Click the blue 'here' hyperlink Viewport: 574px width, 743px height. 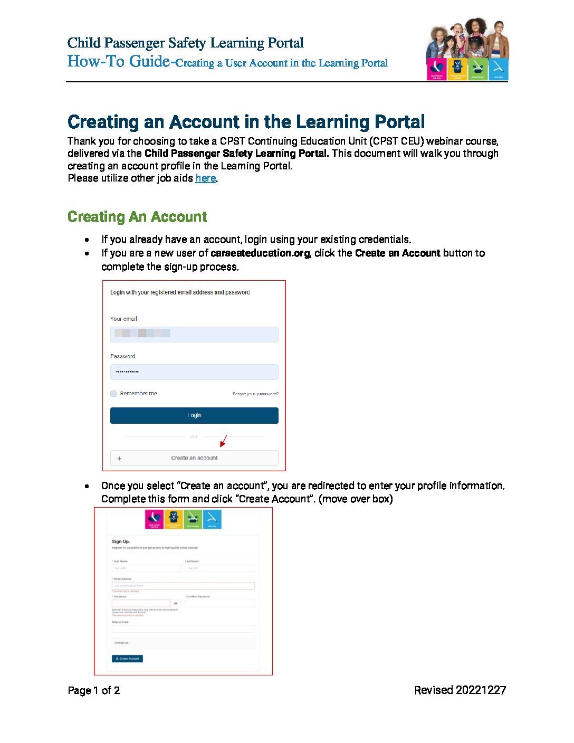[205, 178]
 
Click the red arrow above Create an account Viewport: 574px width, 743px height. [223, 441]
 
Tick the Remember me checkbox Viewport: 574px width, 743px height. [113, 393]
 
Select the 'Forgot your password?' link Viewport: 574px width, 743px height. [255, 394]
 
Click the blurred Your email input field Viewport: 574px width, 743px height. [194, 334]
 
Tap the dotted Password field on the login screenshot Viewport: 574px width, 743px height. [194, 372]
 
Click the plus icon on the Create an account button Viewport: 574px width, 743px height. [119, 458]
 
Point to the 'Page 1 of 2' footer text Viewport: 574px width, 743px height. [94, 690]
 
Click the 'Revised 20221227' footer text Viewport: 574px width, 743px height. [460, 690]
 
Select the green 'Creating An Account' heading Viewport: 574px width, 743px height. [137, 217]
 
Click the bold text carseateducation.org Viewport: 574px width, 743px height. [260, 253]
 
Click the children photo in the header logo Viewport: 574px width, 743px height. [467, 38]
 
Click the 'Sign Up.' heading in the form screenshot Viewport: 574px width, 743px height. [121, 541]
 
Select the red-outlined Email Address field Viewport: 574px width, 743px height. [183, 586]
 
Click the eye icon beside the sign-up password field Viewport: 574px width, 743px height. [176, 603]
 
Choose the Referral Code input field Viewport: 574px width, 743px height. [183, 629]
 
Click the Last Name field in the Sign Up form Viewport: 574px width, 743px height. [219, 568]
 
